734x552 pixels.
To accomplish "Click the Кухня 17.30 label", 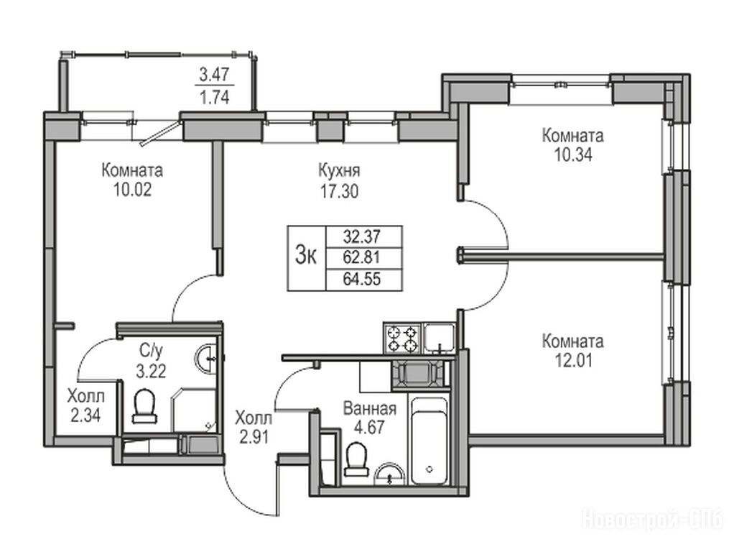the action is (340, 181).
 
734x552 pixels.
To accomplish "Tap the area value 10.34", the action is (573, 155).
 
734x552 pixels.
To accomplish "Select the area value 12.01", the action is (573, 361).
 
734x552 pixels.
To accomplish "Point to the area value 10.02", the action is (132, 190).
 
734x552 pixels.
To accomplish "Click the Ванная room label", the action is (370, 409).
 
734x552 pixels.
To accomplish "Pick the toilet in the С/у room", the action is (144, 405).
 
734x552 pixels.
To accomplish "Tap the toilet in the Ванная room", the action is (356, 459).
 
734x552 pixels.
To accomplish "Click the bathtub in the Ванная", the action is (429, 440).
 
